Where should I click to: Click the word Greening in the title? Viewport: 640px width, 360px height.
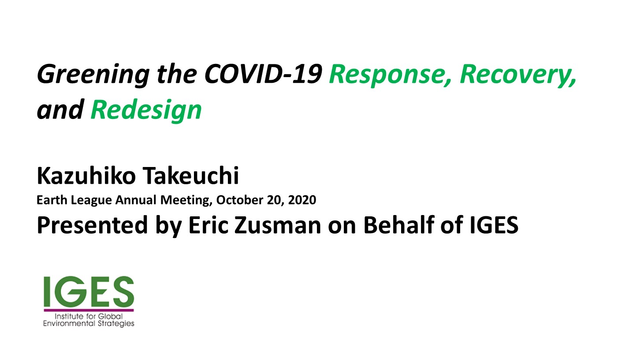[93, 75]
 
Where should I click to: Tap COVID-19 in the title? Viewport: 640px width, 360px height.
[263, 74]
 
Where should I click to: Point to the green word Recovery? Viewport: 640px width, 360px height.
[517, 75]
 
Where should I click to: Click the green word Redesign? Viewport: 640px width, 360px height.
[146, 110]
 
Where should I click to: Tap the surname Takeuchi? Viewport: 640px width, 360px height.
[190, 175]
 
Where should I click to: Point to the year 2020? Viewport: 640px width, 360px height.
[302, 200]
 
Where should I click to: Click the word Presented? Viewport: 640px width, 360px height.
[92, 225]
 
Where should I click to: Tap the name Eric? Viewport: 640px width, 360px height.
[208, 225]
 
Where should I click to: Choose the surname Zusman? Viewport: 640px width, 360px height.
[278, 225]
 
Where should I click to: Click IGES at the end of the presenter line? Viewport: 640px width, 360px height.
[494, 225]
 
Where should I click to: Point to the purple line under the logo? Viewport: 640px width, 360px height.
[89, 310]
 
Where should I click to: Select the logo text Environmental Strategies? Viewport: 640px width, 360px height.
[89, 324]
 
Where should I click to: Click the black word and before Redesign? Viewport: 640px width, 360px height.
[60, 110]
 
